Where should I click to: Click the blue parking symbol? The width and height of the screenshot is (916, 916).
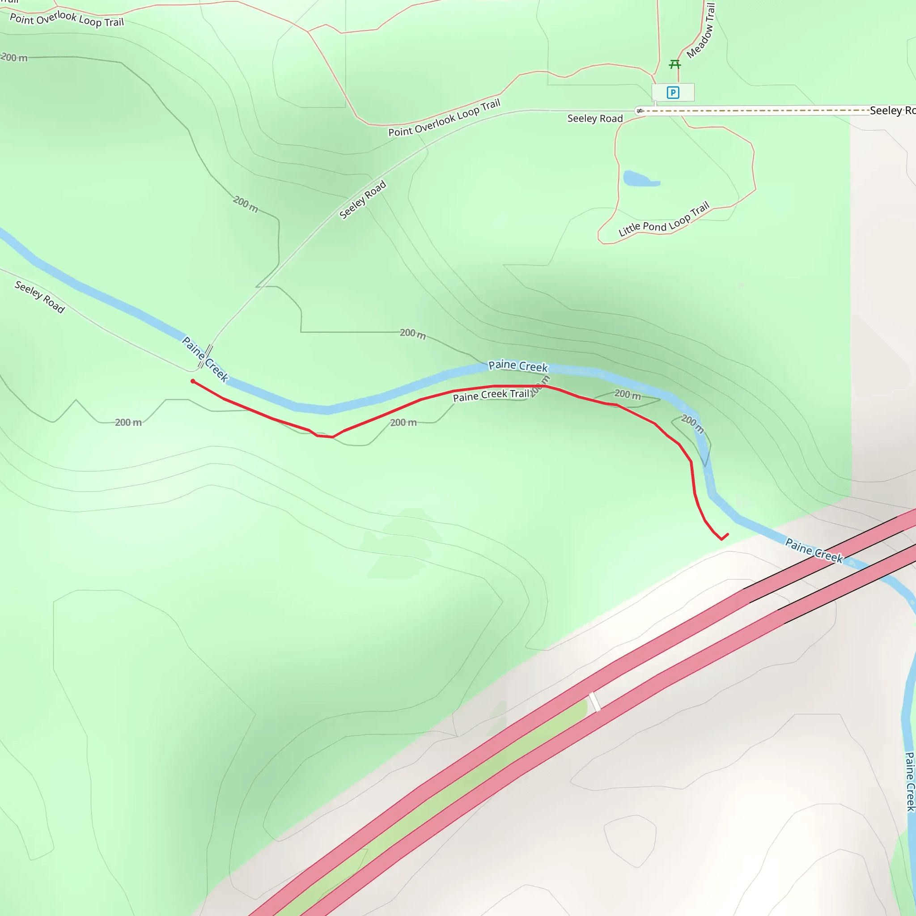672,93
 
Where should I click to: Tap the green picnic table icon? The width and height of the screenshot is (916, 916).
674,64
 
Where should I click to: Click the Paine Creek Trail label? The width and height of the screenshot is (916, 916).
491,395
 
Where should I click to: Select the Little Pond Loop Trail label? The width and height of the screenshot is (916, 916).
664,220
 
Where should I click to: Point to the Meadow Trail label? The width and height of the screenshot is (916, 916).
701,31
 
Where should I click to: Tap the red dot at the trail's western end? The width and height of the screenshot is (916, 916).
193,381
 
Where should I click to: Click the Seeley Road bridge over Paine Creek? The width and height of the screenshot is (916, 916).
205,356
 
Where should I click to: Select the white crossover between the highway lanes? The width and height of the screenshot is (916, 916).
594,702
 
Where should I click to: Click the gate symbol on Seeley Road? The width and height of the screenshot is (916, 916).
640,111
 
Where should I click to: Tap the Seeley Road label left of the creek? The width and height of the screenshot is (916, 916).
40,297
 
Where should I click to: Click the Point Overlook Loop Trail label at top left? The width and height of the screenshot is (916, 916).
66,19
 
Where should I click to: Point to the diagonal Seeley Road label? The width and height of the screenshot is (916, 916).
363,199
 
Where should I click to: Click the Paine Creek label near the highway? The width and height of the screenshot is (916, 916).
814,551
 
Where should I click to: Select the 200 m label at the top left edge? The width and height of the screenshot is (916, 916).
14,57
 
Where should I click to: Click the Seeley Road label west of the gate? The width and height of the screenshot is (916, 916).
595,119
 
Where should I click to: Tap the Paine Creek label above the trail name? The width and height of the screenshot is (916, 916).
518,365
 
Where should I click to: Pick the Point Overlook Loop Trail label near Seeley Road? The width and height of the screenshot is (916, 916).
444,118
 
